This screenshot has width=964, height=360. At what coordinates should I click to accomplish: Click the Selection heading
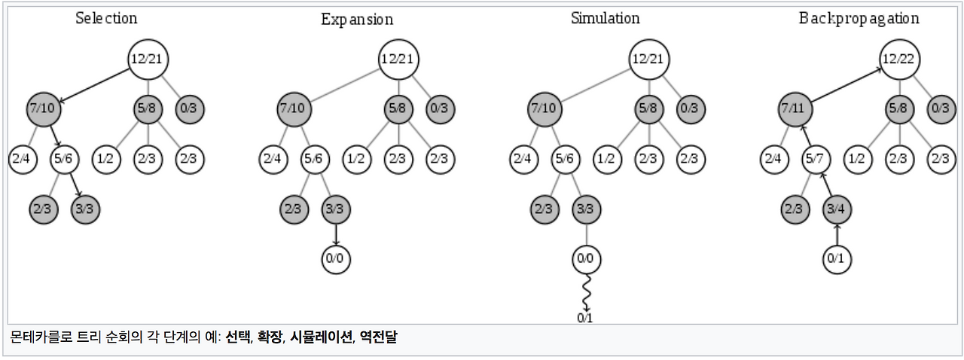pyautogui.click(x=106, y=18)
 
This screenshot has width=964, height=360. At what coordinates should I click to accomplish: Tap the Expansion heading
pyautogui.click(x=357, y=20)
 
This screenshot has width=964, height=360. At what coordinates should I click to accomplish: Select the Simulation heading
pyautogui.click(x=605, y=18)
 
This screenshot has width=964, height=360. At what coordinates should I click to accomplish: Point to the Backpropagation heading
pyautogui.click(x=859, y=18)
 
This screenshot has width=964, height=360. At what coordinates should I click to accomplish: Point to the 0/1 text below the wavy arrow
pyautogui.click(x=585, y=317)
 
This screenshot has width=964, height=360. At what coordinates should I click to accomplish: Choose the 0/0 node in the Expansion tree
pyautogui.click(x=335, y=259)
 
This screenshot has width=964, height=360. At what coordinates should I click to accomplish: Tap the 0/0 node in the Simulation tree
pyautogui.click(x=585, y=259)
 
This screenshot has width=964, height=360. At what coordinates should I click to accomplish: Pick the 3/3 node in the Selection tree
pyautogui.click(x=85, y=209)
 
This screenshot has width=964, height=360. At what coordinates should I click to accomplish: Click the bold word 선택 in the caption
pyautogui.click(x=237, y=337)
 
